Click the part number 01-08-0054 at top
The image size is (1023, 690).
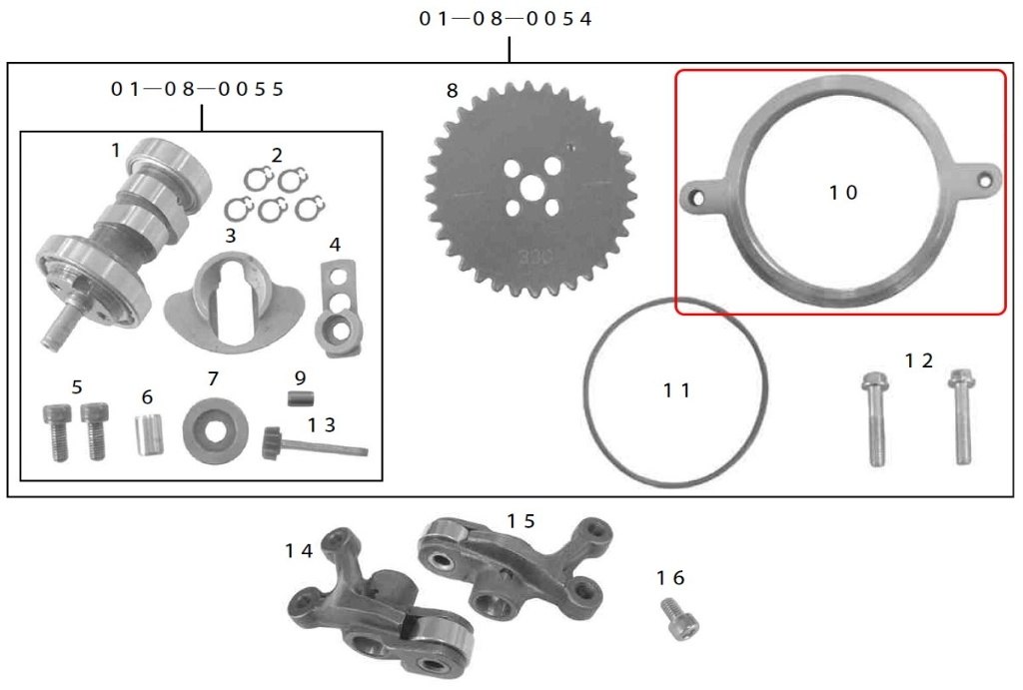[505, 18]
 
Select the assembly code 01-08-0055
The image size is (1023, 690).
[197, 88]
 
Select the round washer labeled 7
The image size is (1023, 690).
[215, 430]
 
